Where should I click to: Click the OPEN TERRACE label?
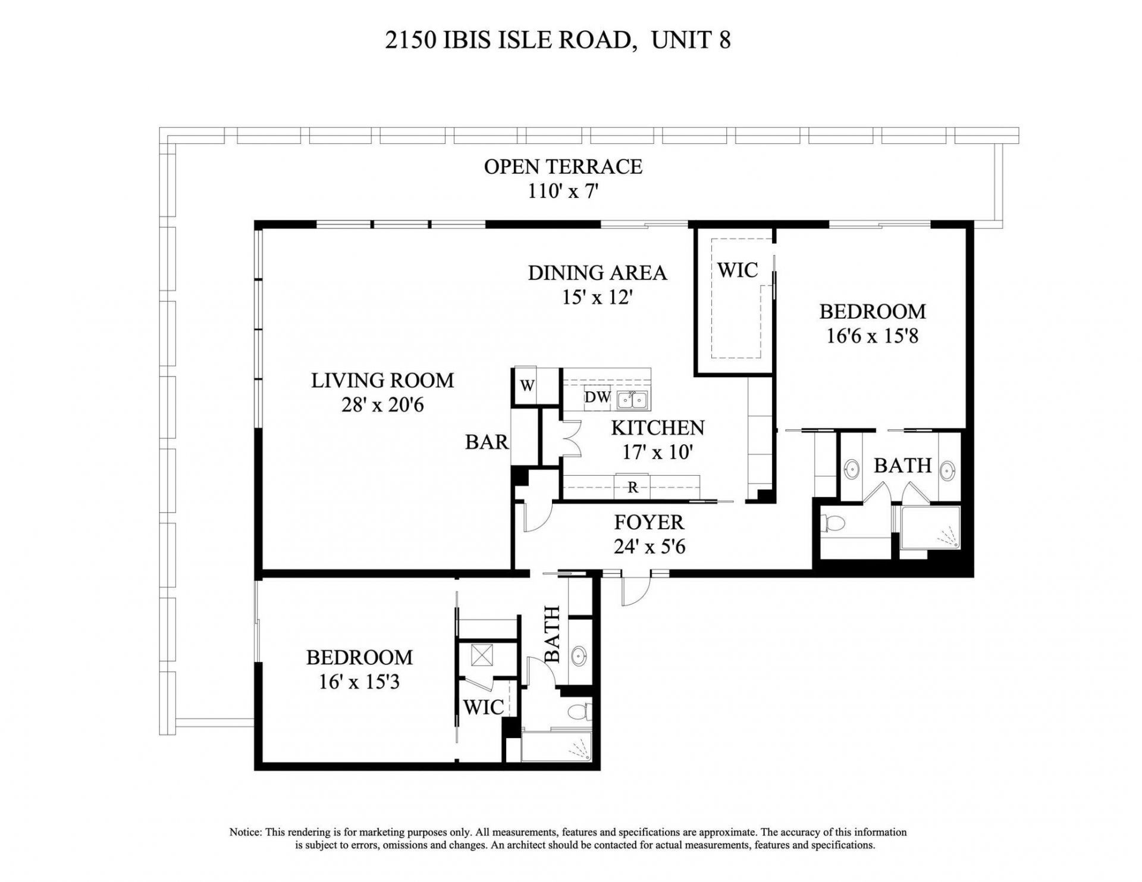click(x=563, y=167)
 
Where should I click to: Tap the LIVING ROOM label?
click(x=382, y=380)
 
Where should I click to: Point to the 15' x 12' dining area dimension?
click(x=597, y=297)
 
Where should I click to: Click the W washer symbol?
click(x=527, y=385)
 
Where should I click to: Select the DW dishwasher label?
click(x=597, y=397)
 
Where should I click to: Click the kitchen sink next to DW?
click(x=632, y=400)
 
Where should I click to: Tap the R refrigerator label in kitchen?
click(x=633, y=488)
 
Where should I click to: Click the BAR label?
click(x=487, y=442)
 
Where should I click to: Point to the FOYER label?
click(x=648, y=522)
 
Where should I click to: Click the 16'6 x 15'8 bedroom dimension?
click(x=872, y=336)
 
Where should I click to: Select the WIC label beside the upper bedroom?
click(x=738, y=270)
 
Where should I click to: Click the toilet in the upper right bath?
click(x=834, y=523)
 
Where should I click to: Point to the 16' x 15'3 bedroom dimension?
click(x=359, y=682)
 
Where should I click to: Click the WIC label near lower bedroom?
click(x=484, y=707)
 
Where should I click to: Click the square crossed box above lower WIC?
click(x=480, y=655)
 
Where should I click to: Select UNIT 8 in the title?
click(x=691, y=40)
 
